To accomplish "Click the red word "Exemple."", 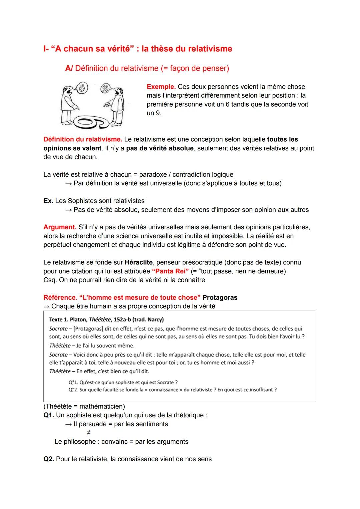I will point(161,87).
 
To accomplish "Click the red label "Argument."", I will point(60,227).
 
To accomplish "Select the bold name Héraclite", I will point(138,262).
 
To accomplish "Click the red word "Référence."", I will point(60,297).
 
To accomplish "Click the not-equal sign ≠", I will point(88,433).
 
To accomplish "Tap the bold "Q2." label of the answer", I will point(49,459).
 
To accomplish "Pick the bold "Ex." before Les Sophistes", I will point(48,201).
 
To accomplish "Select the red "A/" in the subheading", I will point(69,68).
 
